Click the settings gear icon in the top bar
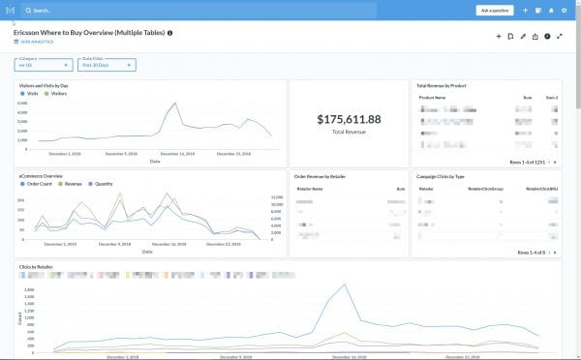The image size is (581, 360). click(x=565, y=10)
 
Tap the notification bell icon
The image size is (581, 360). click(x=551, y=10)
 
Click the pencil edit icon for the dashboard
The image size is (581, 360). click(x=523, y=36)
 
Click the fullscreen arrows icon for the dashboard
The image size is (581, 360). click(x=560, y=36)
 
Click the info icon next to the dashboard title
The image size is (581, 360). click(x=170, y=32)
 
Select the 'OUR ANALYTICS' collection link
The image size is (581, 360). click(x=36, y=42)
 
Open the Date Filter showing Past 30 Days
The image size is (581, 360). click(x=107, y=65)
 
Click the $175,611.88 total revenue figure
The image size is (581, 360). click(x=349, y=119)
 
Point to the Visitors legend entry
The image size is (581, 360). click(x=57, y=93)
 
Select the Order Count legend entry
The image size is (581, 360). click(x=38, y=183)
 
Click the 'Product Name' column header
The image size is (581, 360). click(x=433, y=98)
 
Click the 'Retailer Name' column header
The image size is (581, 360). click(x=311, y=190)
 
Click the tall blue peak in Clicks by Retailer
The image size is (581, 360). click(x=343, y=285)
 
